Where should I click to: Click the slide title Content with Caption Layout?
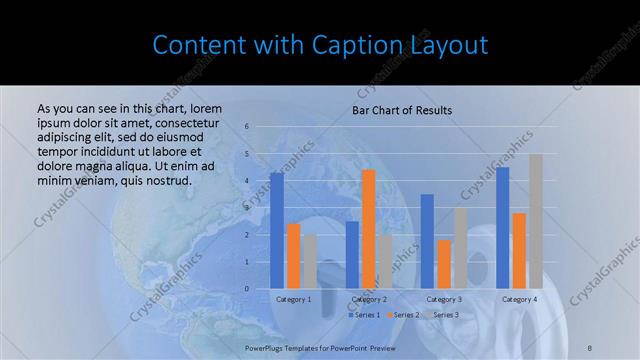click(x=320, y=45)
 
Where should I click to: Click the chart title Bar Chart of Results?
click(x=401, y=110)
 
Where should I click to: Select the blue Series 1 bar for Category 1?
click(x=276, y=231)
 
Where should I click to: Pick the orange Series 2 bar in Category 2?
click(x=368, y=229)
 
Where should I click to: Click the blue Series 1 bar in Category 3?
click(x=427, y=241)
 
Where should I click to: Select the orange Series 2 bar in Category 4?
click(x=519, y=251)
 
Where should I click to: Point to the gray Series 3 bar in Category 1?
click(x=310, y=262)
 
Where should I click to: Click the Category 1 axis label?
click(x=293, y=299)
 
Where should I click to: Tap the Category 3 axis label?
click(x=444, y=299)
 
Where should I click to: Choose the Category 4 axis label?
click(x=519, y=299)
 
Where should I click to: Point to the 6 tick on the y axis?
click(x=246, y=127)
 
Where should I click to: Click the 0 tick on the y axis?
click(x=246, y=289)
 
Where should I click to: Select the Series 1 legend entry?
click(x=365, y=315)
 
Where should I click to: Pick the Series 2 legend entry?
click(x=403, y=315)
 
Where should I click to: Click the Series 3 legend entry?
click(x=442, y=315)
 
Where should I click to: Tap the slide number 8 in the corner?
click(x=589, y=346)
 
